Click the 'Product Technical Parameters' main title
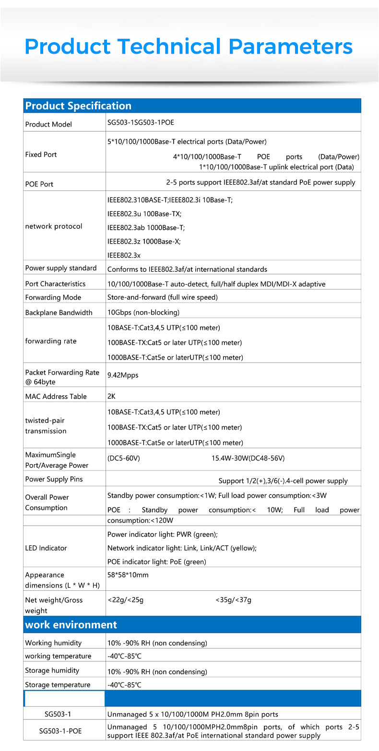189,47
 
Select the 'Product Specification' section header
78,106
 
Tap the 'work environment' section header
71,624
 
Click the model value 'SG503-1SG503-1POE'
141,122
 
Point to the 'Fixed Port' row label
41,154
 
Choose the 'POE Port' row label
39,184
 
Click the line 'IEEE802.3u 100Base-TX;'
144,214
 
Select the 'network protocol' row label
54,226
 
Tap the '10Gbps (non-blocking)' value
143,313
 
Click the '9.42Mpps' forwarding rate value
123,375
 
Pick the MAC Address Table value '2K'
111,397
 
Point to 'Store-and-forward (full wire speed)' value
163,297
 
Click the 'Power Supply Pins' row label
54,479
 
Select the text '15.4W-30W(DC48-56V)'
248,458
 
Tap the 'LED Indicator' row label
46,548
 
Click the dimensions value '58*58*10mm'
128,575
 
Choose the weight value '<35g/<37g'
233,600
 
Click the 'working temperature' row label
58,656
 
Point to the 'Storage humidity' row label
52,670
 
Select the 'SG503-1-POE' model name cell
60,731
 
